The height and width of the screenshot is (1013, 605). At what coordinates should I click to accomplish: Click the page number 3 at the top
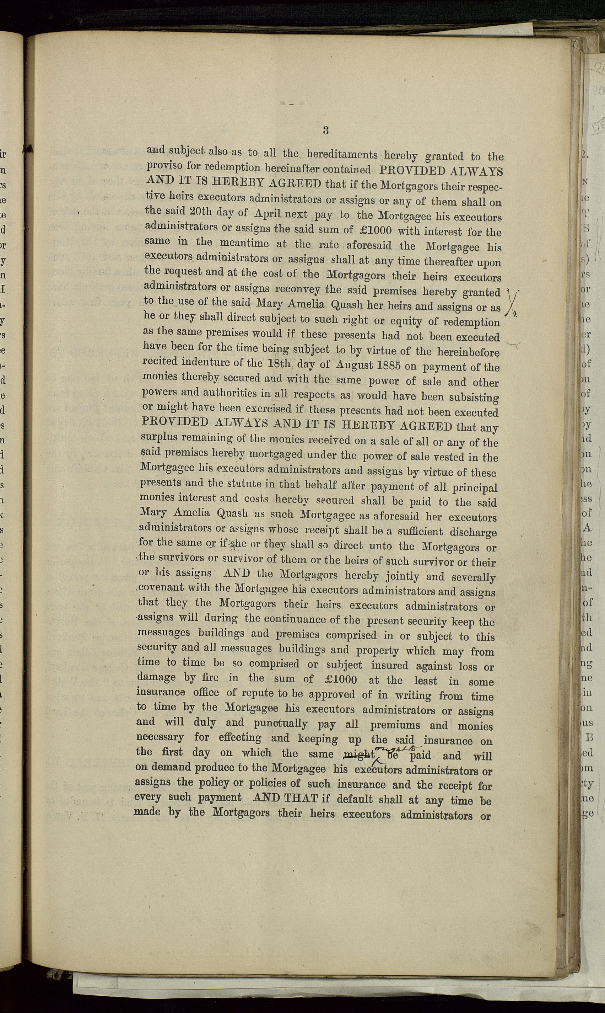(x=325, y=130)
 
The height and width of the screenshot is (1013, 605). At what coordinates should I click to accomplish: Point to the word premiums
(x=395, y=725)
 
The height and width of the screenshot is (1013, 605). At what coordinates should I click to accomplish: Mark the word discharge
(x=474, y=532)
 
